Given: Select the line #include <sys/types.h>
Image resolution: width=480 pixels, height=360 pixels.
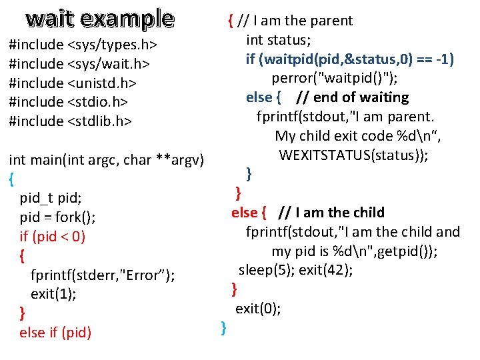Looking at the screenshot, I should tap(83, 45).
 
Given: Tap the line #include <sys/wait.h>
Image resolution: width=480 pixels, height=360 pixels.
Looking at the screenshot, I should tap(79, 64).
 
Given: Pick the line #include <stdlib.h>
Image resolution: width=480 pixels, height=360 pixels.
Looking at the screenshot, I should tap(70, 121).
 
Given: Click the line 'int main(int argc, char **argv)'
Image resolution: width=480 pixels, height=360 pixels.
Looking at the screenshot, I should tap(105, 160).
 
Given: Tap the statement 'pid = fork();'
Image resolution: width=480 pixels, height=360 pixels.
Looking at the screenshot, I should tap(57, 217).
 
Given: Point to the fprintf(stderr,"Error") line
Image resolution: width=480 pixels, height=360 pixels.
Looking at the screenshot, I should tap(103, 275).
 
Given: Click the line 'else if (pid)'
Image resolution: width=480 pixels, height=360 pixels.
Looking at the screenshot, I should tap(55, 332).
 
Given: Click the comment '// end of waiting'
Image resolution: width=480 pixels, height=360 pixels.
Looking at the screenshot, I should tap(351, 97).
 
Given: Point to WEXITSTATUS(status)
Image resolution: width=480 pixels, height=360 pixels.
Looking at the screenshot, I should tap(353, 155).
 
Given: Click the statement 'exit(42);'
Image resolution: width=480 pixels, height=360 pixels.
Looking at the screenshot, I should tap(326, 270).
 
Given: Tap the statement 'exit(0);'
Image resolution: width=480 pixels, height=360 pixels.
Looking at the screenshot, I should tap(258, 309).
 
